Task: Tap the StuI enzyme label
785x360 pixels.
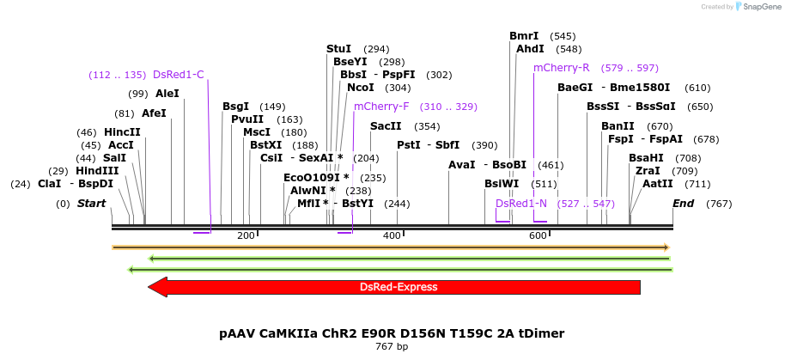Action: pyautogui.click(x=339, y=49)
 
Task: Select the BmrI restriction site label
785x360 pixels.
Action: pyautogui.click(x=524, y=36)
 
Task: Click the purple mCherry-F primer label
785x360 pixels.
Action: pyautogui.click(x=381, y=107)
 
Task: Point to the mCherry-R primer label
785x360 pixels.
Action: pyautogui.click(x=561, y=67)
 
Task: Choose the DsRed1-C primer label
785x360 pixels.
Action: pyautogui.click(x=179, y=75)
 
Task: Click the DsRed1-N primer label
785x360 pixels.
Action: pyautogui.click(x=521, y=204)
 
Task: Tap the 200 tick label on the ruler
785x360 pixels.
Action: pyautogui.click(x=246, y=235)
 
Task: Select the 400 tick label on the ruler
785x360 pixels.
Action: pyautogui.click(x=392, y=235)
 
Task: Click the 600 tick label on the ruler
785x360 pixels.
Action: pyautogui.click(x=538, y=235)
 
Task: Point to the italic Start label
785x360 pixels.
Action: pyautogui.click(x=92, y=204)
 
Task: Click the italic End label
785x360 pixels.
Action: pyautogui.click(x=684, y=204)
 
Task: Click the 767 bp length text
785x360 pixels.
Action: pyautogui.click(x=392, y=347)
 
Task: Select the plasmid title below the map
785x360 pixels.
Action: pyautogui.click(x=392, y=333)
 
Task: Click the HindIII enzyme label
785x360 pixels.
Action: pyautogui.click(x=97, y=171)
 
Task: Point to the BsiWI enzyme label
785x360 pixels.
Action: pyautogui.click(x=502, y=184)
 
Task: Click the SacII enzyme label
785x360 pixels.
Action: pyautogui.click(x=386, y=126)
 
